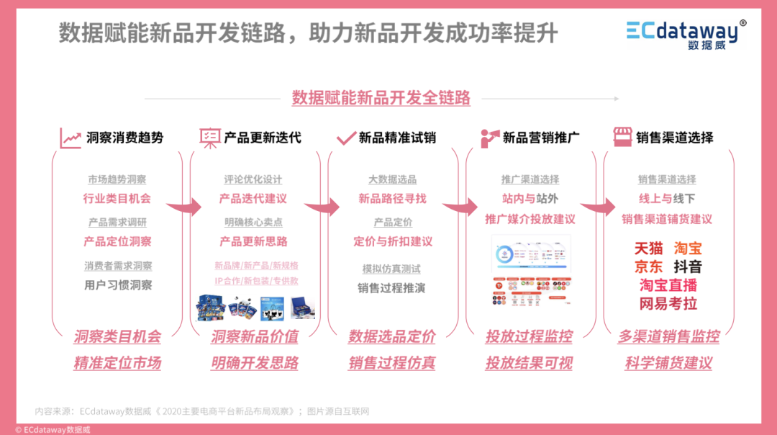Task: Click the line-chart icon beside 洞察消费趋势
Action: pos(71,138)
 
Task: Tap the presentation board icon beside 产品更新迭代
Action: pos(209,138)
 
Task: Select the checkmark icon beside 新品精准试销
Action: pos(346,138)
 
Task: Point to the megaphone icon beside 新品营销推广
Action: pos(490,138)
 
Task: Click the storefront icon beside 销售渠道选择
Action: pos(622,137)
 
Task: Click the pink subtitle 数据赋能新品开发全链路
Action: pos(381,98)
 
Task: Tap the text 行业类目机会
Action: pos(117,198)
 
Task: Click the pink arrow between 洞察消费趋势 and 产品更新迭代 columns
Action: pos(185,207)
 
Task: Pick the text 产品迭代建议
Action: pos(253,198)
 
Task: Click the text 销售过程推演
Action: pos(391,287)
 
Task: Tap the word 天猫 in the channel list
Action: pos(648,248)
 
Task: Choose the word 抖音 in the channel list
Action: pos(688,266)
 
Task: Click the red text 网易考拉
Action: pos(668,303)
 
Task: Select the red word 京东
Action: pos(648,266)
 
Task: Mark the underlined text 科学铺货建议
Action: pos(668,363)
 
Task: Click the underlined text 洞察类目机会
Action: pos(117,336)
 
